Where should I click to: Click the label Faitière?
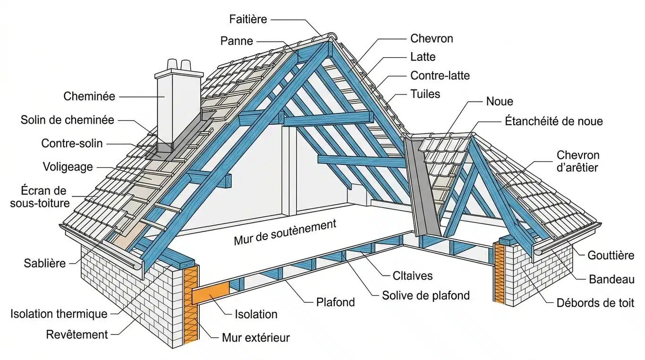click(248, 19)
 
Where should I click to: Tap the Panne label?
click(237, 41)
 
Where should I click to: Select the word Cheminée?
click(89, 96)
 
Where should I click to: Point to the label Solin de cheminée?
click(67, 120)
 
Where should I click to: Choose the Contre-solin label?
click(72, 143)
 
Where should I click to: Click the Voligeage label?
click(68, 167)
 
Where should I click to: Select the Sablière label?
click(45, 264)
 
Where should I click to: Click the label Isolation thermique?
click(59, 314)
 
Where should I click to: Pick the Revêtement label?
click(77, 334)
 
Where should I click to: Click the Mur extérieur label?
click(255, 337)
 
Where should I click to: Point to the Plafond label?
click(335, 302)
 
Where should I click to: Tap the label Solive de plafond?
click(426, 296)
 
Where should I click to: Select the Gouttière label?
click(611, 256)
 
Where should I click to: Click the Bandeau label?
click(611, 279)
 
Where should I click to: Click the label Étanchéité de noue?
click(554, 121)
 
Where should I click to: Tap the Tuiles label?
click(425, 94)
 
